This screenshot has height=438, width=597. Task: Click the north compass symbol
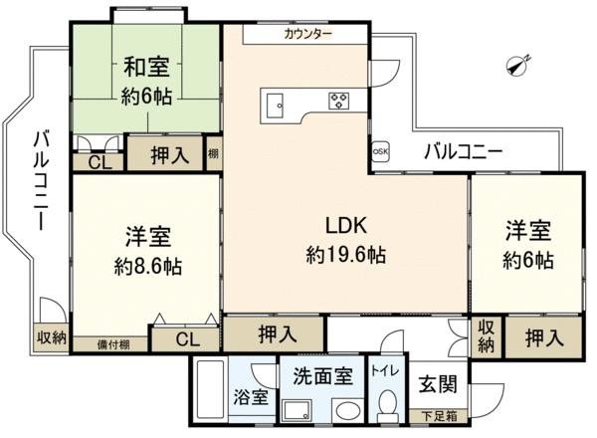coord(518,66)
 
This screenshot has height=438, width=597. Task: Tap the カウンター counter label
coord(308,34)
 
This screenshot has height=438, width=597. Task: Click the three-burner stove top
coord(339,101)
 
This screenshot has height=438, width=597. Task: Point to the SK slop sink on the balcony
coord(380,151)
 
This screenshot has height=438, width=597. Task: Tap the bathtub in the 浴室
coord(210,389)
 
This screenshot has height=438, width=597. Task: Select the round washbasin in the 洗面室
coord(348,410)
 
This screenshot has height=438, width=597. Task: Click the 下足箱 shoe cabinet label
coord(439,416)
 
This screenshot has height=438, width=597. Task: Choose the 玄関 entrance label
coord(438,383)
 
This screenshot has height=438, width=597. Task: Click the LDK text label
coord(346,225)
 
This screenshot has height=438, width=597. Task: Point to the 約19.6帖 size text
coord(346,254)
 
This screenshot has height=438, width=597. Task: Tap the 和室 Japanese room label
coord(146,67)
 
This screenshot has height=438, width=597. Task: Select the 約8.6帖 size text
coord(147,266)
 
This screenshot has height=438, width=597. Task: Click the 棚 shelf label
coord(213,153)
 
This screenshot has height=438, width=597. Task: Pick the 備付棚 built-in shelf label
coord(113,345)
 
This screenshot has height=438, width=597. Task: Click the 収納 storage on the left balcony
coord(52,337)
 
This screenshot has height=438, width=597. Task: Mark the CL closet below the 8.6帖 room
coord(188,339)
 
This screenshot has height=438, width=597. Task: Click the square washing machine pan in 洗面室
coord(297,411)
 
